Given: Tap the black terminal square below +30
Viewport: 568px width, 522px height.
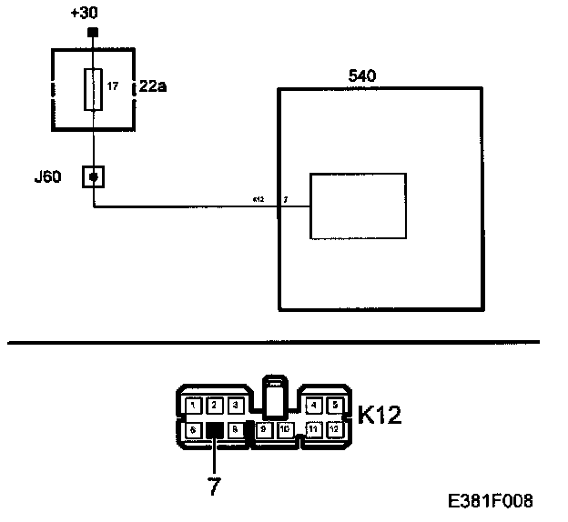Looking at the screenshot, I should click(x=92, y=34).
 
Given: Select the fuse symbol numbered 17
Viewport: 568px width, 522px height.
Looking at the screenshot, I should click(x=92, y=89).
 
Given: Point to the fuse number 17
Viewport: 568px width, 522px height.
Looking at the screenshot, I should click(x=113, y=88).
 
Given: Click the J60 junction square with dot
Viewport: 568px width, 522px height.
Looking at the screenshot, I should click(x=93, y=175).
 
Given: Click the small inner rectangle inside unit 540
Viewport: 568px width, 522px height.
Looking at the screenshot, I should click(x=358, y=206).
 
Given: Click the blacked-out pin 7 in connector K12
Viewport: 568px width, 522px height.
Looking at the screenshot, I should click(x=215, y=430).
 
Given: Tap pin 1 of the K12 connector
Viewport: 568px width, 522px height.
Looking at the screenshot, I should click(x=193, y=405).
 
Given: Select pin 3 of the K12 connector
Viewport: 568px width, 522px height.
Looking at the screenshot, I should click(x=234, y=405).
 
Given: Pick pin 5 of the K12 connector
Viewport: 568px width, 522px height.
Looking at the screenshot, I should click(x=334, y=405).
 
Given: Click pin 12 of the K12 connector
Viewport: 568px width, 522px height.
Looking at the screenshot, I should click(x=334, y=428).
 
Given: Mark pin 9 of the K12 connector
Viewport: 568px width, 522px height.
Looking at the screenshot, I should click(x=264, y=428).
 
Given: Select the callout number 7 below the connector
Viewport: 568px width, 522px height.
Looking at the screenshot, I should click(x=215, y=487).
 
